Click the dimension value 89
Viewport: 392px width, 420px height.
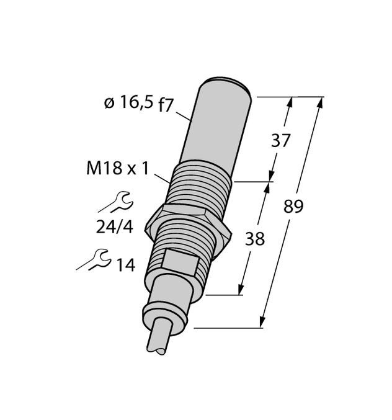293,207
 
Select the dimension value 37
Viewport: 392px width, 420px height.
280,141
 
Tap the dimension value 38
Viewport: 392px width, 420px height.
254,238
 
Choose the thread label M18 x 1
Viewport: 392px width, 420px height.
118,168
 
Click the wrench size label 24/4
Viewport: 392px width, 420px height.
114,227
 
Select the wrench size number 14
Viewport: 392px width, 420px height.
125,265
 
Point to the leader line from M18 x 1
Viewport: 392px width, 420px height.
160,176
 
